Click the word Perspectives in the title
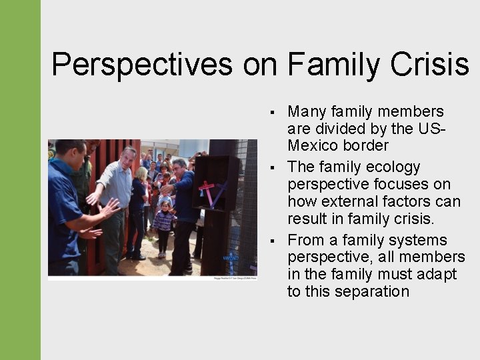[142, 65]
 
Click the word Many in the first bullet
[309, 111]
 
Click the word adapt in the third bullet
[440, 274]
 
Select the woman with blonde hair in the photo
[141, 200]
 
